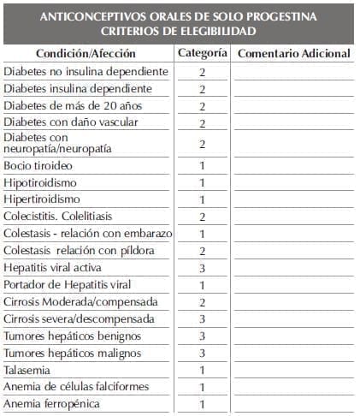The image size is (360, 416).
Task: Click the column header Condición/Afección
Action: coord(87,53)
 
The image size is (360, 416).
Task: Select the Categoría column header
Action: coord(203,53)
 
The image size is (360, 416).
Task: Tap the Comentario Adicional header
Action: coord(293,53)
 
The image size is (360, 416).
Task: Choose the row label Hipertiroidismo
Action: coord(42,199)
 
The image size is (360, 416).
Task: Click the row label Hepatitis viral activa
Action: coord(55,268)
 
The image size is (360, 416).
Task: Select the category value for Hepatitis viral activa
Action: coord(203,268)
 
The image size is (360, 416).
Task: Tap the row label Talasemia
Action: coord(27,370)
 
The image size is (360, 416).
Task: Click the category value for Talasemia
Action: coord(203,370)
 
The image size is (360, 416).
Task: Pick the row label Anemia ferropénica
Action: coord(51,404)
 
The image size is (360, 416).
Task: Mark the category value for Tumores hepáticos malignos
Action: coord(203,353)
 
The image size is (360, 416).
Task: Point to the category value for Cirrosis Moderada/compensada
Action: coord(203,302)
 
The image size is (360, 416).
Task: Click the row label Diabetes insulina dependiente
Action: coord(78,88)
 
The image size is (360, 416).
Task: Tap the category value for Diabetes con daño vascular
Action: coord(203,122)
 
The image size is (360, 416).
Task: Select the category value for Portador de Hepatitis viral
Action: coord(203,285)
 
